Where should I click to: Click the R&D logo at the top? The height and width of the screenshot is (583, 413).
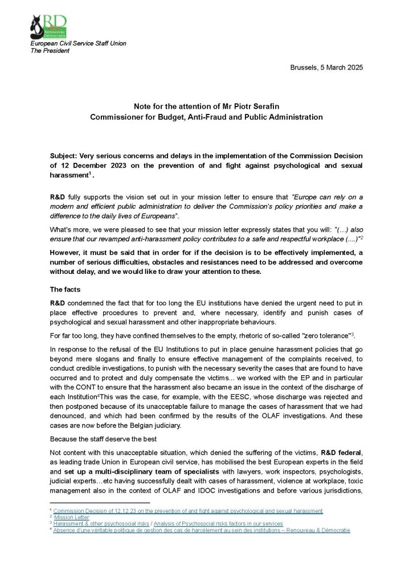coord(48,26)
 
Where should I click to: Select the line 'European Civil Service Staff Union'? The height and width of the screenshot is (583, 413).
coord(78,43)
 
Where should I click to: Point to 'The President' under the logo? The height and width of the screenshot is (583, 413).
coord(50,51)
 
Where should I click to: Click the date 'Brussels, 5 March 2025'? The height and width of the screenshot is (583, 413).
coord(326,68)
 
